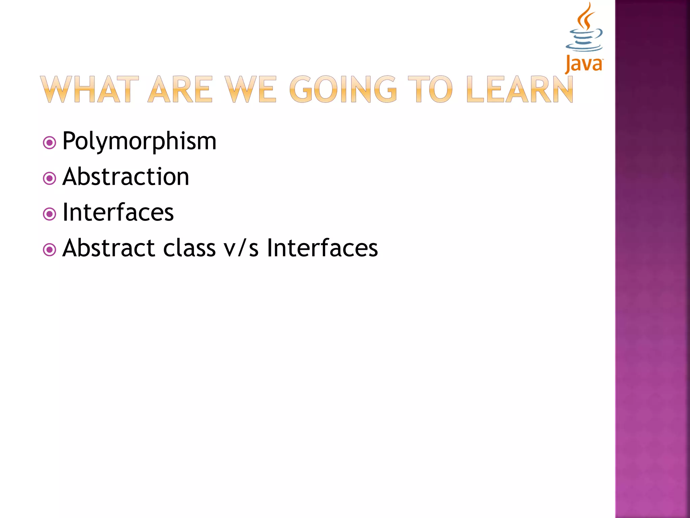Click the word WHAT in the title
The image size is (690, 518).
89,89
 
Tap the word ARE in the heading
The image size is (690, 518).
181,89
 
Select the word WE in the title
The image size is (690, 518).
251,89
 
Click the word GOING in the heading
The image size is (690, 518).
343,89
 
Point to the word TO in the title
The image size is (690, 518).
430,89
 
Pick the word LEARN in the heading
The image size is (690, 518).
520,89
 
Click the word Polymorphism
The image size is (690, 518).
139,141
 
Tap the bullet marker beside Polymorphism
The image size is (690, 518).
50,143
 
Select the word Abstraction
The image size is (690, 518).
126,177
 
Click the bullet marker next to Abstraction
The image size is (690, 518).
50,178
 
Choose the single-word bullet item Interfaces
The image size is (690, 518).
118,212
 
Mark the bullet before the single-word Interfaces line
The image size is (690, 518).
50,214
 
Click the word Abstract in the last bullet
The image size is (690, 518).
108,248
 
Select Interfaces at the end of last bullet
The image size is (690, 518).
322,248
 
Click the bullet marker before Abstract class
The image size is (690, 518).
50,250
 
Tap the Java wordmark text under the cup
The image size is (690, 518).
584,64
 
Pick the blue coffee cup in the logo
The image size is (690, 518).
584,40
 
